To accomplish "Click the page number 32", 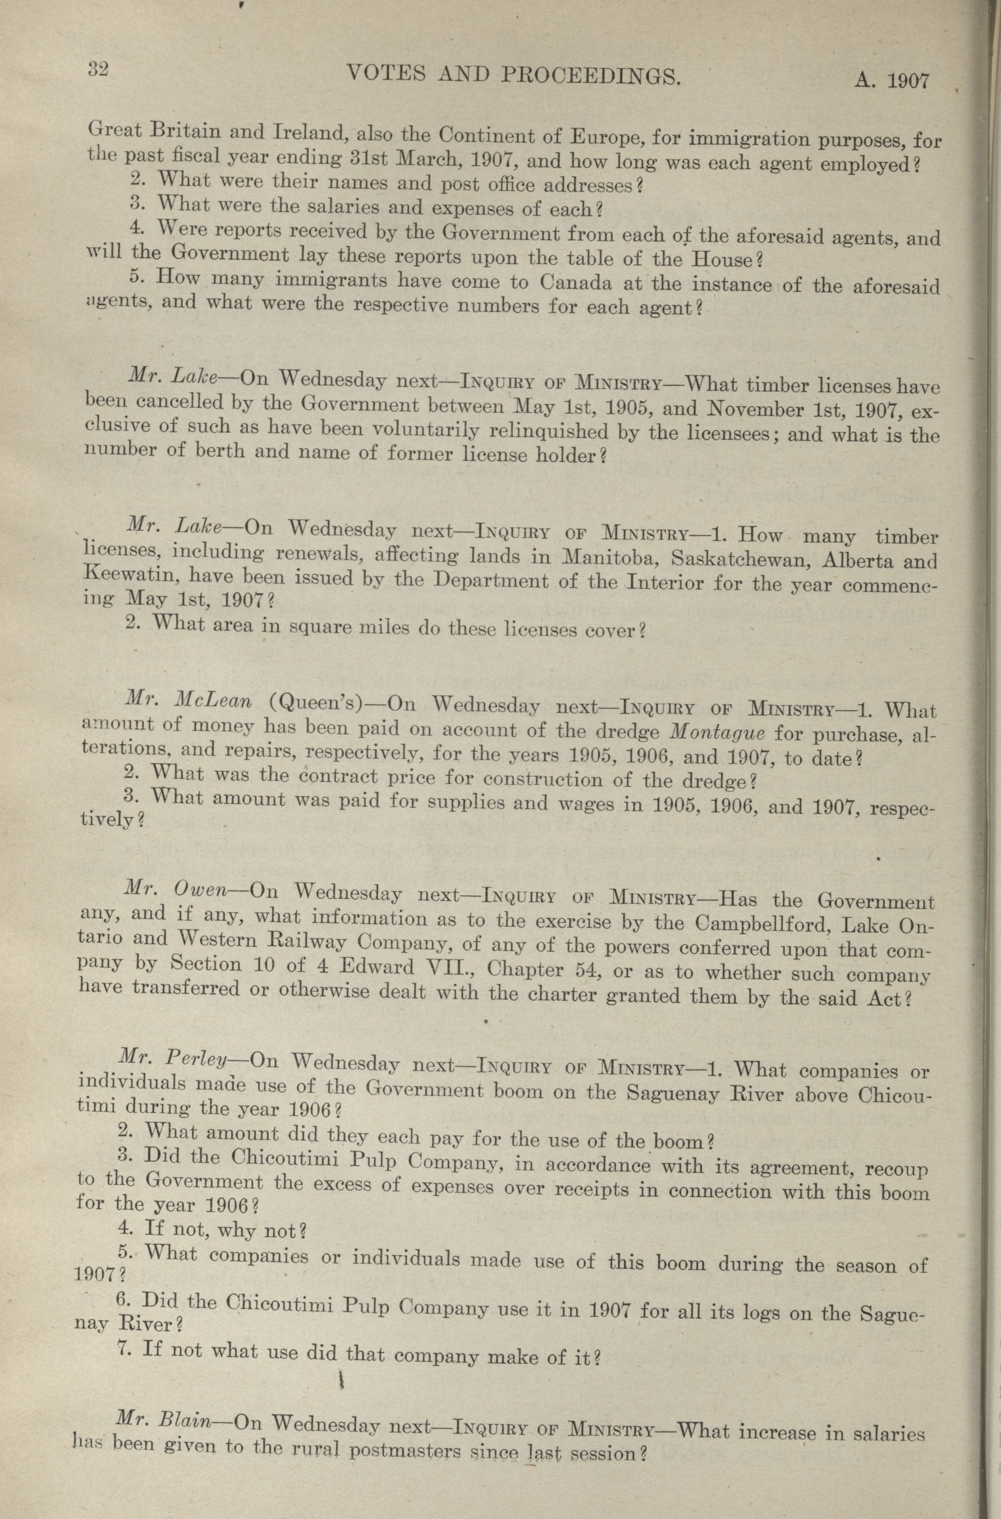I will [98, 69].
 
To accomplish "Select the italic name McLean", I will [213, 701].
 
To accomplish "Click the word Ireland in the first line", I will [309, 133].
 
